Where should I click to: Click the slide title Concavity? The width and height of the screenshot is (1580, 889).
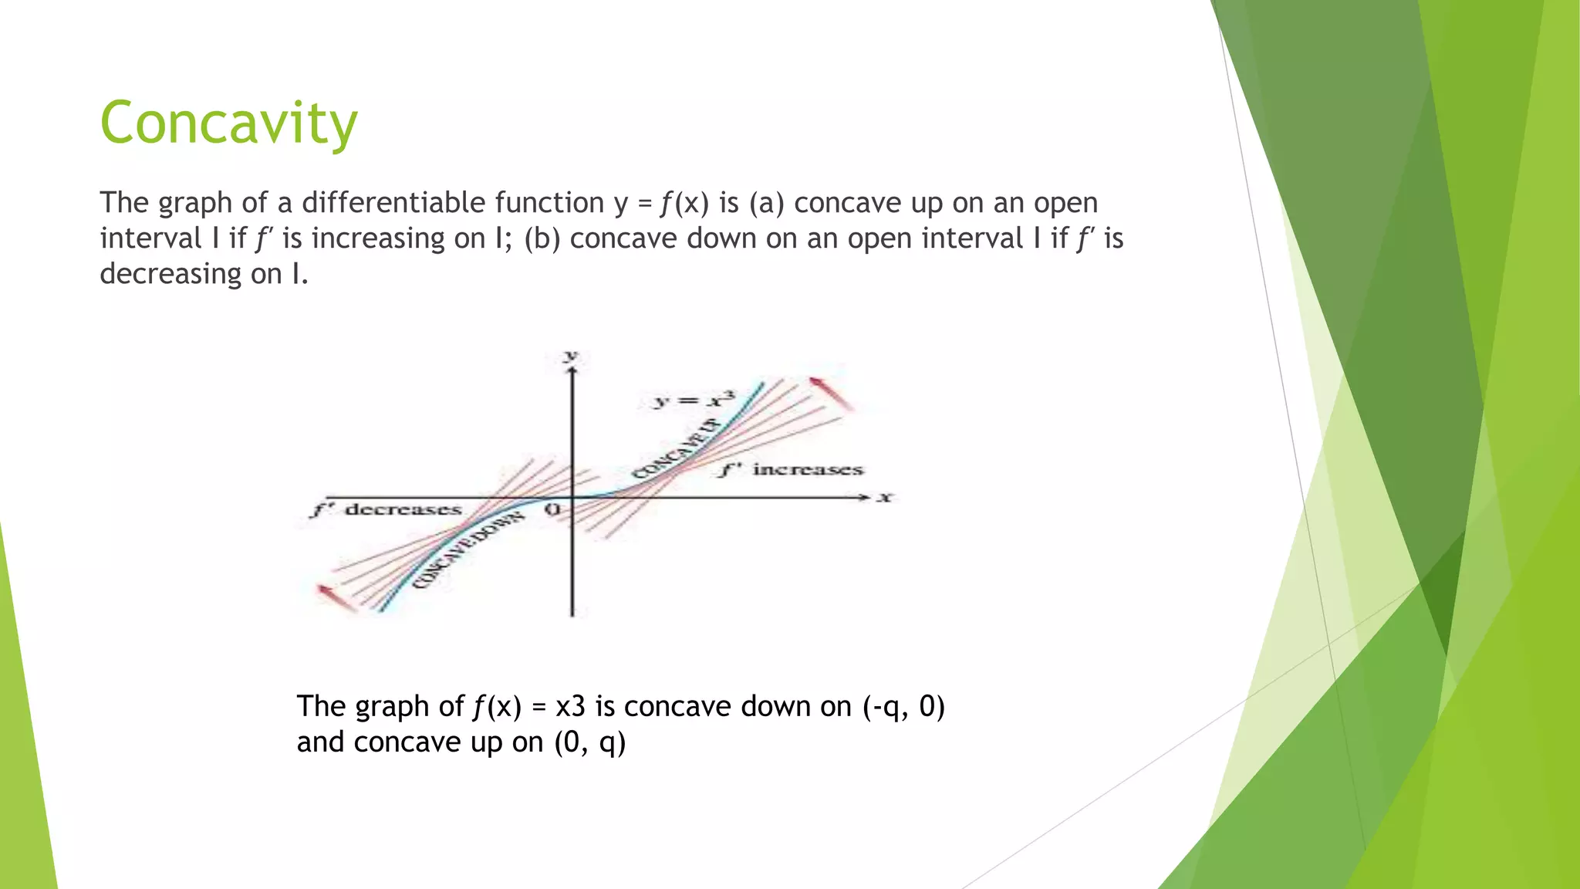[229, 123]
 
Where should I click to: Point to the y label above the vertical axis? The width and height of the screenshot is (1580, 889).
[571, 356]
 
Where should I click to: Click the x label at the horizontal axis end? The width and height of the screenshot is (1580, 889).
[885, 498]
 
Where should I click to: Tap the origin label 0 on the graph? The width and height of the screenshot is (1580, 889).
[552, 510]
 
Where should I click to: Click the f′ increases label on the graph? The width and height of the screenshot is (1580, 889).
[792, 469]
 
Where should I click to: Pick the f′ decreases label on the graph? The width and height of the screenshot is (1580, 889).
[387, 509]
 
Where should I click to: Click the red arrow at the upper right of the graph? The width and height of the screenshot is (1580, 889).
[831, 393]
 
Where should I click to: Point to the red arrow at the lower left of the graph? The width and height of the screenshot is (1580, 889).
[336, 597]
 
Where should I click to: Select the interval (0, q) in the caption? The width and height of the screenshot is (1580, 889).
[590, 742]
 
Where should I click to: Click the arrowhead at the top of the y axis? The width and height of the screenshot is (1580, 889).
[572, 372]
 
